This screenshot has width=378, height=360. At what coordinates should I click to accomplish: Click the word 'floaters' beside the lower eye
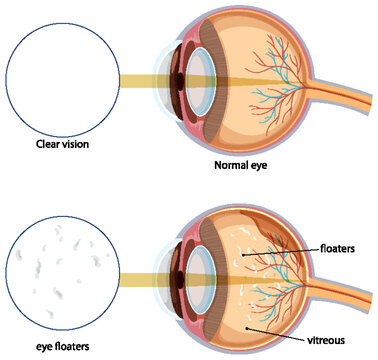(341, 244)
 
